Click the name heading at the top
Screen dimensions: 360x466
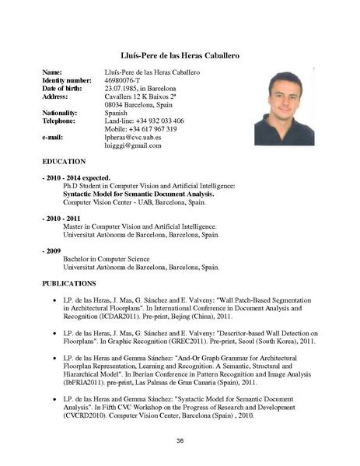click(180, 56)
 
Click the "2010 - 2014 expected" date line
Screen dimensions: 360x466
click(76, 177)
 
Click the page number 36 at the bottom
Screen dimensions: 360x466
click(180, 441)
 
